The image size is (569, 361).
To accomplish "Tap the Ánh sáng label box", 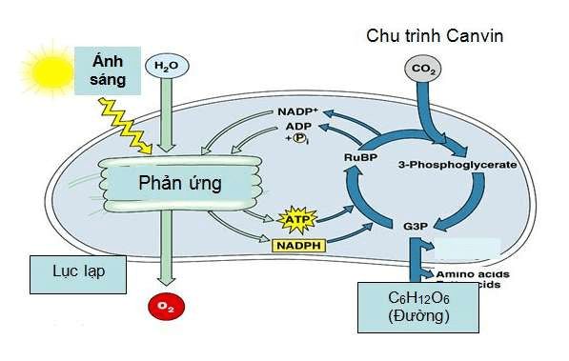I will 108,71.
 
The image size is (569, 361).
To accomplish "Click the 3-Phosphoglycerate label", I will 457,164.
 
